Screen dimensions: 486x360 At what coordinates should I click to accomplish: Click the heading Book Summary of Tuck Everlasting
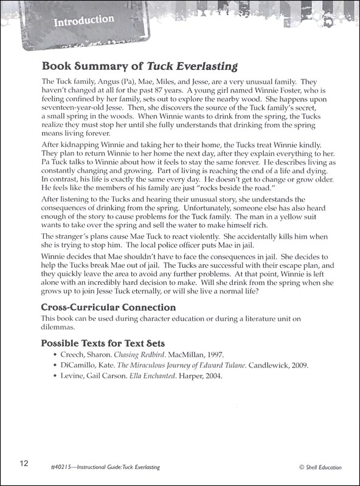point(139,66)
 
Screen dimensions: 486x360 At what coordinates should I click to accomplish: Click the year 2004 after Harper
point(210,375)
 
